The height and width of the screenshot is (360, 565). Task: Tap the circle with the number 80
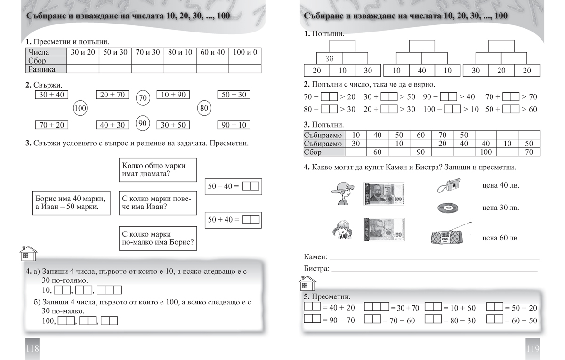[x=204, y=108]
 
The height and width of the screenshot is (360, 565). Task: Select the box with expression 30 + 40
[x=52, y=95]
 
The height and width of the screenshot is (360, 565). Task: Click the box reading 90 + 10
[x=234, y=125]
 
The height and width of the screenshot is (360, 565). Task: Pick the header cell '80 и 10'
[x=180, y=52]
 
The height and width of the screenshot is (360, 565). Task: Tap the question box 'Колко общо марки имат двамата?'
[x=157, y=169]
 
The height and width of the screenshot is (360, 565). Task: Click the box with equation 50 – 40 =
[x=234, y=186]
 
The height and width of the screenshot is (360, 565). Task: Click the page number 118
[x=32, y=349]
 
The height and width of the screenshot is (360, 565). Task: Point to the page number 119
[x=532, y=349]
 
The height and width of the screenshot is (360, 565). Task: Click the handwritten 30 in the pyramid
[x=330, y=58]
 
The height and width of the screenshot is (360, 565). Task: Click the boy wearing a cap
[x=342, y=193]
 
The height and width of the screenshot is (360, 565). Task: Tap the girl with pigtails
[x=342, y=231]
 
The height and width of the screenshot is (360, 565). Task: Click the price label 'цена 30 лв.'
[x=500, y=208]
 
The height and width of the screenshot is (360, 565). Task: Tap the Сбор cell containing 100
[x=485, y=152]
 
